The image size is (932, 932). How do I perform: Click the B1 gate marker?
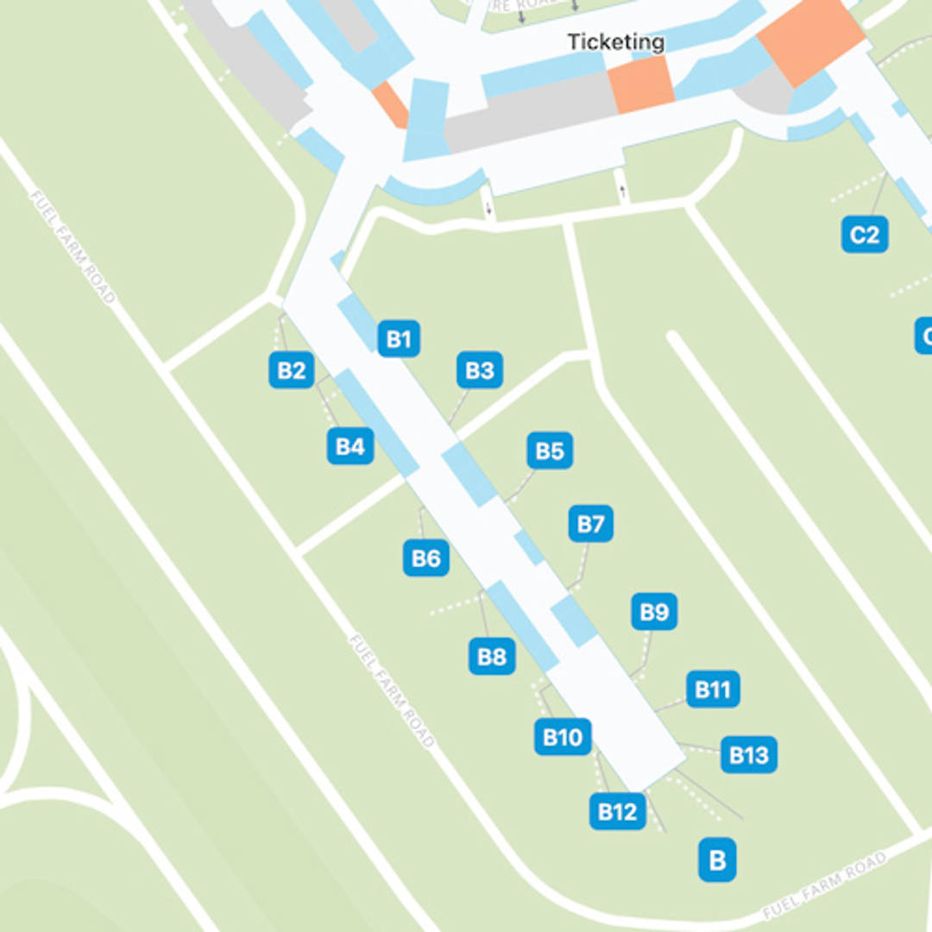click(x=399, y=339)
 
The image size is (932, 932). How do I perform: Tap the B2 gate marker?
click(x=291, y=370)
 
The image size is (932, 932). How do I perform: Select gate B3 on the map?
click(x=479, y=370)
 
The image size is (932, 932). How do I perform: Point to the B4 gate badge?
click(x=349, y=446)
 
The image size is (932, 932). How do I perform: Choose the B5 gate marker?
click(x=550, y=450)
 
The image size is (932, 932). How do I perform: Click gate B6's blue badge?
click(x=426, y=558)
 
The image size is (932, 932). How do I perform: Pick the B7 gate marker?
click(x=591, y=524)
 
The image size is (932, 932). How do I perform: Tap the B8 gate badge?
click(x=492, y=657)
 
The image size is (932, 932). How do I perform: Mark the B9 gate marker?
click(x=654, y=612)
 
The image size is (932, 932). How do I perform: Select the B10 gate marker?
click(x=563, y=737)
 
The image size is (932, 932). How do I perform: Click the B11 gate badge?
click(x=713, y=690)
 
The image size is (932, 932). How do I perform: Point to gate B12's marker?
click(x=617, y=811)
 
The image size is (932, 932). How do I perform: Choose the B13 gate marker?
click(x=748, y=755)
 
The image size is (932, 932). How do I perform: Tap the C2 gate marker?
click(x=865, y=235)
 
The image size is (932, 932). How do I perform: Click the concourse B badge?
click(x=716, y=860)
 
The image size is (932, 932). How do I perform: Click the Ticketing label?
click(x=615, y=41)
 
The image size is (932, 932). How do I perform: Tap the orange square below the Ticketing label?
click(x=640, y=85)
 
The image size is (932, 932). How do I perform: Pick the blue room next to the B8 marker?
click(x=521, y=626)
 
